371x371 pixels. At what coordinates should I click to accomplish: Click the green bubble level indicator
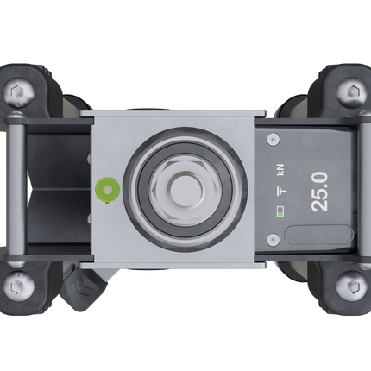pyautogui.click(x=108, y=190)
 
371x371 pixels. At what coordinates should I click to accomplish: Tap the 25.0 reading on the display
pyautogui.click(x=320, y=192)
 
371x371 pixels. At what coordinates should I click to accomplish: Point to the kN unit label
pyautogui.click(x=280, y=170)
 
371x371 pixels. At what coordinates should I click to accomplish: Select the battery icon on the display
pyautogui.click(x=280, y=211)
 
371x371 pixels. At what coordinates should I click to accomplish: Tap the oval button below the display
pyautogui.click(x=318, y=235)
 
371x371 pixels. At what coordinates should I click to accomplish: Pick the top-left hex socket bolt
pyautogui.click(x=18, y=92)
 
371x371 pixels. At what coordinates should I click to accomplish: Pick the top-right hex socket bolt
pyautogui.click(x=352, y=92)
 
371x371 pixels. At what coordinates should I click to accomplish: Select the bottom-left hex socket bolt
pyautogui.click(x=19, y=286)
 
